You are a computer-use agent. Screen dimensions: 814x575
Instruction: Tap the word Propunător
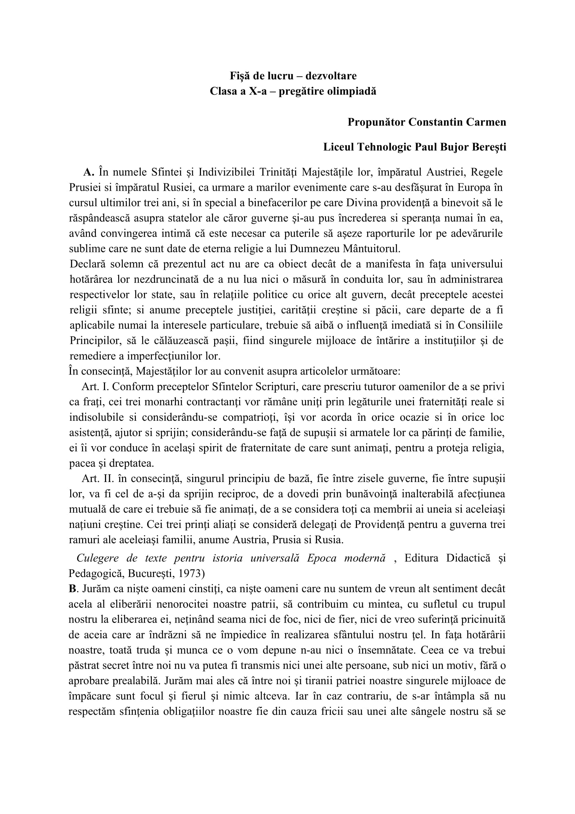point(376,122)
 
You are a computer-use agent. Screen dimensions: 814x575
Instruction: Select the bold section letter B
point(73,589)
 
